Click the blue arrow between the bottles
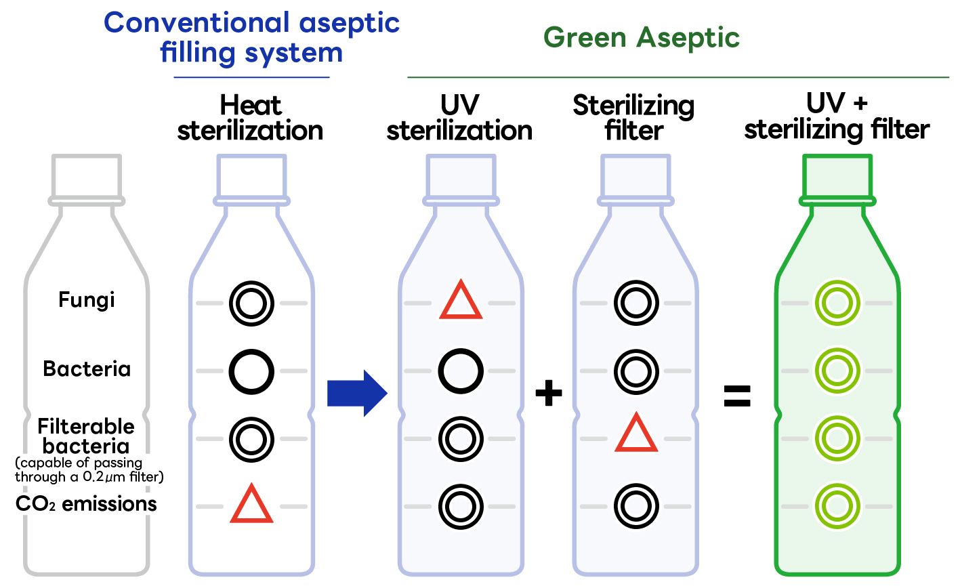(x=356, y=393)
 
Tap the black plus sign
(x=549, y=393)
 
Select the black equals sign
(x=737, y=396)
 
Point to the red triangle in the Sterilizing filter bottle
(x=636, y=434)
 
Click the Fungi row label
(x=87, y=299)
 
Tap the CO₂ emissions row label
(x=86, y=504)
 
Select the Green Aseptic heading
(x=641, y=37)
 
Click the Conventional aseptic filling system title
(x=251, y=37)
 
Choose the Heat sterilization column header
(x=250, y=118)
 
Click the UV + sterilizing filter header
(x=837, y=117)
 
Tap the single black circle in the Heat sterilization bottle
(x=251, y=371)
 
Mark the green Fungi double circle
(x=837, y=303)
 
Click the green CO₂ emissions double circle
(x=837, y=506)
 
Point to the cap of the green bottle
(x=837, y=177)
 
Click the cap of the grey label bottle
(x=87, y=177)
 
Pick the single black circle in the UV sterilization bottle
(x=461, y=371)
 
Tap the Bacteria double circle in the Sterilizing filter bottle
(x=636, y=371)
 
